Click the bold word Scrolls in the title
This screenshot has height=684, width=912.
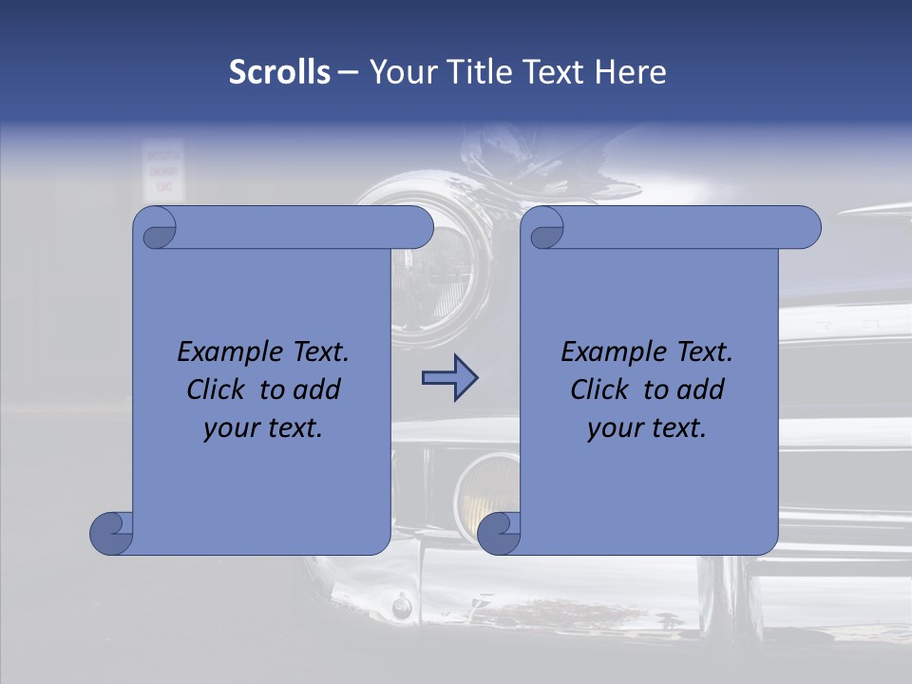coord(279,72)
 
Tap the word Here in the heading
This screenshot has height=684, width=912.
coord(631,72)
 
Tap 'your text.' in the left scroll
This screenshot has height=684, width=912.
coord(263,427)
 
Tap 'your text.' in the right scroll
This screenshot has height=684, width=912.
coord(647,427)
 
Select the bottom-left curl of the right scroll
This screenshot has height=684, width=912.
coord(499,532)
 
